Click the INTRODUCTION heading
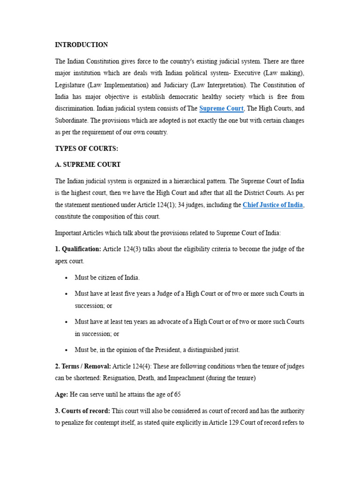[82, 45]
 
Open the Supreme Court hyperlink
[221, 109]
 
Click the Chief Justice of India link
[273, 205]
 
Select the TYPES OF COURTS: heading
[87, 149]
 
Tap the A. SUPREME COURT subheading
[88, 165]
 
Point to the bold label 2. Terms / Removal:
[83, 366]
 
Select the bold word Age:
[62, 394]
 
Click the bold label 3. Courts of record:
[82, 411]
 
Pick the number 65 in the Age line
[177, 394]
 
